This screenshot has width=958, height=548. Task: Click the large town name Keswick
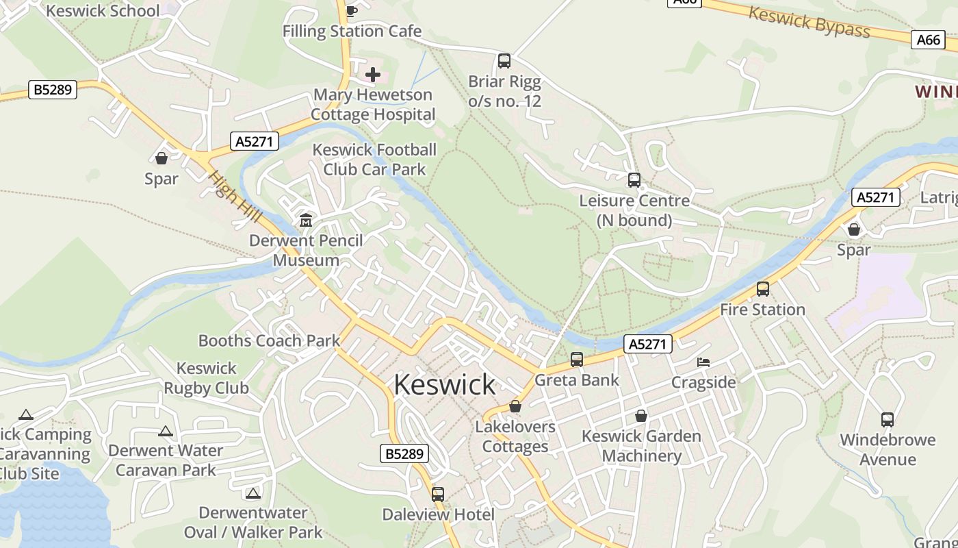[x=444, y=384]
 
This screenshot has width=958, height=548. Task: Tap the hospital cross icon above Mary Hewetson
[x=373, y=74]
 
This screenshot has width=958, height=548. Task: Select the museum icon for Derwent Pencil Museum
[x=305, y=221]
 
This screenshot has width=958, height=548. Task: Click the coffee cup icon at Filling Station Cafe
[x=352, y=11]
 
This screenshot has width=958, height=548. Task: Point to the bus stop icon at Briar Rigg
[x=504, y=61]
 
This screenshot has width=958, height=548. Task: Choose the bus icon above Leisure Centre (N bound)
[x=634, y=180]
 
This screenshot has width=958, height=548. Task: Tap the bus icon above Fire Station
[x=763, y=289]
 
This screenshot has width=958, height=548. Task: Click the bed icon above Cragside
[x=703, y=362]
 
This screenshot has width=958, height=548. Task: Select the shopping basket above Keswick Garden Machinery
[x=641, y=416]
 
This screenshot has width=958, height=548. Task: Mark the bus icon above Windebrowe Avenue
[x=888, y=420]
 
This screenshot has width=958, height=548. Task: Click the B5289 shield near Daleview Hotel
[x=404, y=453]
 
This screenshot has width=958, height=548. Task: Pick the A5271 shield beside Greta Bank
[x=647, y=343]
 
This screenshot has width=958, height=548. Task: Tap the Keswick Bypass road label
[x=809, y=22]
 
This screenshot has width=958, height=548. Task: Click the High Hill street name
[x=235, y=197]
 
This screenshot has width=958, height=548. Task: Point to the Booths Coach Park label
[x=269, y=340]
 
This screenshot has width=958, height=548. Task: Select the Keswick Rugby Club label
[x=206, y=378]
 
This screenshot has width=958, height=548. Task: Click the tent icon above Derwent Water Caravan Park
[x=165, y=432]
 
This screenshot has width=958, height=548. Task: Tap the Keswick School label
[x=103, y=10]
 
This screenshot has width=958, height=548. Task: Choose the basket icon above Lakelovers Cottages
[x=515, y=406]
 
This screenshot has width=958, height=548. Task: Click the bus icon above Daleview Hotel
[x=438, y=494]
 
